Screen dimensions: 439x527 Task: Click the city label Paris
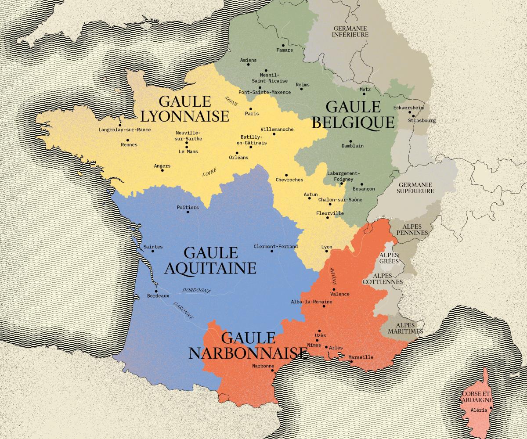(x=252, y=114)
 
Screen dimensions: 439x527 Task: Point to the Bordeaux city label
(x=158, y=296)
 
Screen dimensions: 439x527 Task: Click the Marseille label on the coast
(x=361, y=357)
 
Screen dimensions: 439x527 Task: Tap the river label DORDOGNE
(x=196, y=290)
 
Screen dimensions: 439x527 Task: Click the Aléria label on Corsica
(x=478, y=410)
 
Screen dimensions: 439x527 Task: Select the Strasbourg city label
(x=422, y=120)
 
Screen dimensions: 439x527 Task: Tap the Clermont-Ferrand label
(x=275, y=247)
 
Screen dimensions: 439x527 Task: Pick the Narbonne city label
(x=263, y=366)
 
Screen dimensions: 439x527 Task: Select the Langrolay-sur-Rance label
(x=125, y=130)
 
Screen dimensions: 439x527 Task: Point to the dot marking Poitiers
(x=188, y=212)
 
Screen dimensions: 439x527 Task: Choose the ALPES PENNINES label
(x=412, y=229)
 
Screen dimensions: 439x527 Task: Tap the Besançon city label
(x=364, y=189)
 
